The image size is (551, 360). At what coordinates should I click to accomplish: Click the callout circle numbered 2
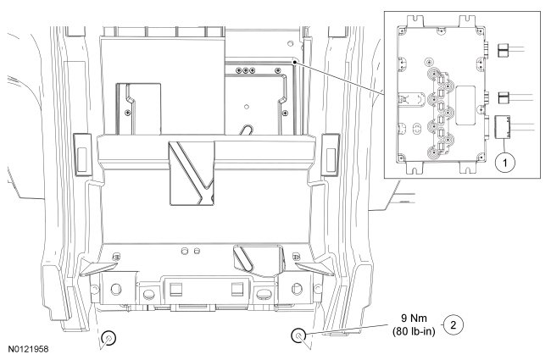click(455, 324)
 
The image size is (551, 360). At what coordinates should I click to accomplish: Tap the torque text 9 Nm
click(412, 318)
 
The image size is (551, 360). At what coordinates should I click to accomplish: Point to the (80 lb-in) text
click(414, 331)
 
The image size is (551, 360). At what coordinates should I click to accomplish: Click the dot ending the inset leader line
click(294, 61)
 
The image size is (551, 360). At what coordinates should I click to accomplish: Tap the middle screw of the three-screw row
click(245, 71)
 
